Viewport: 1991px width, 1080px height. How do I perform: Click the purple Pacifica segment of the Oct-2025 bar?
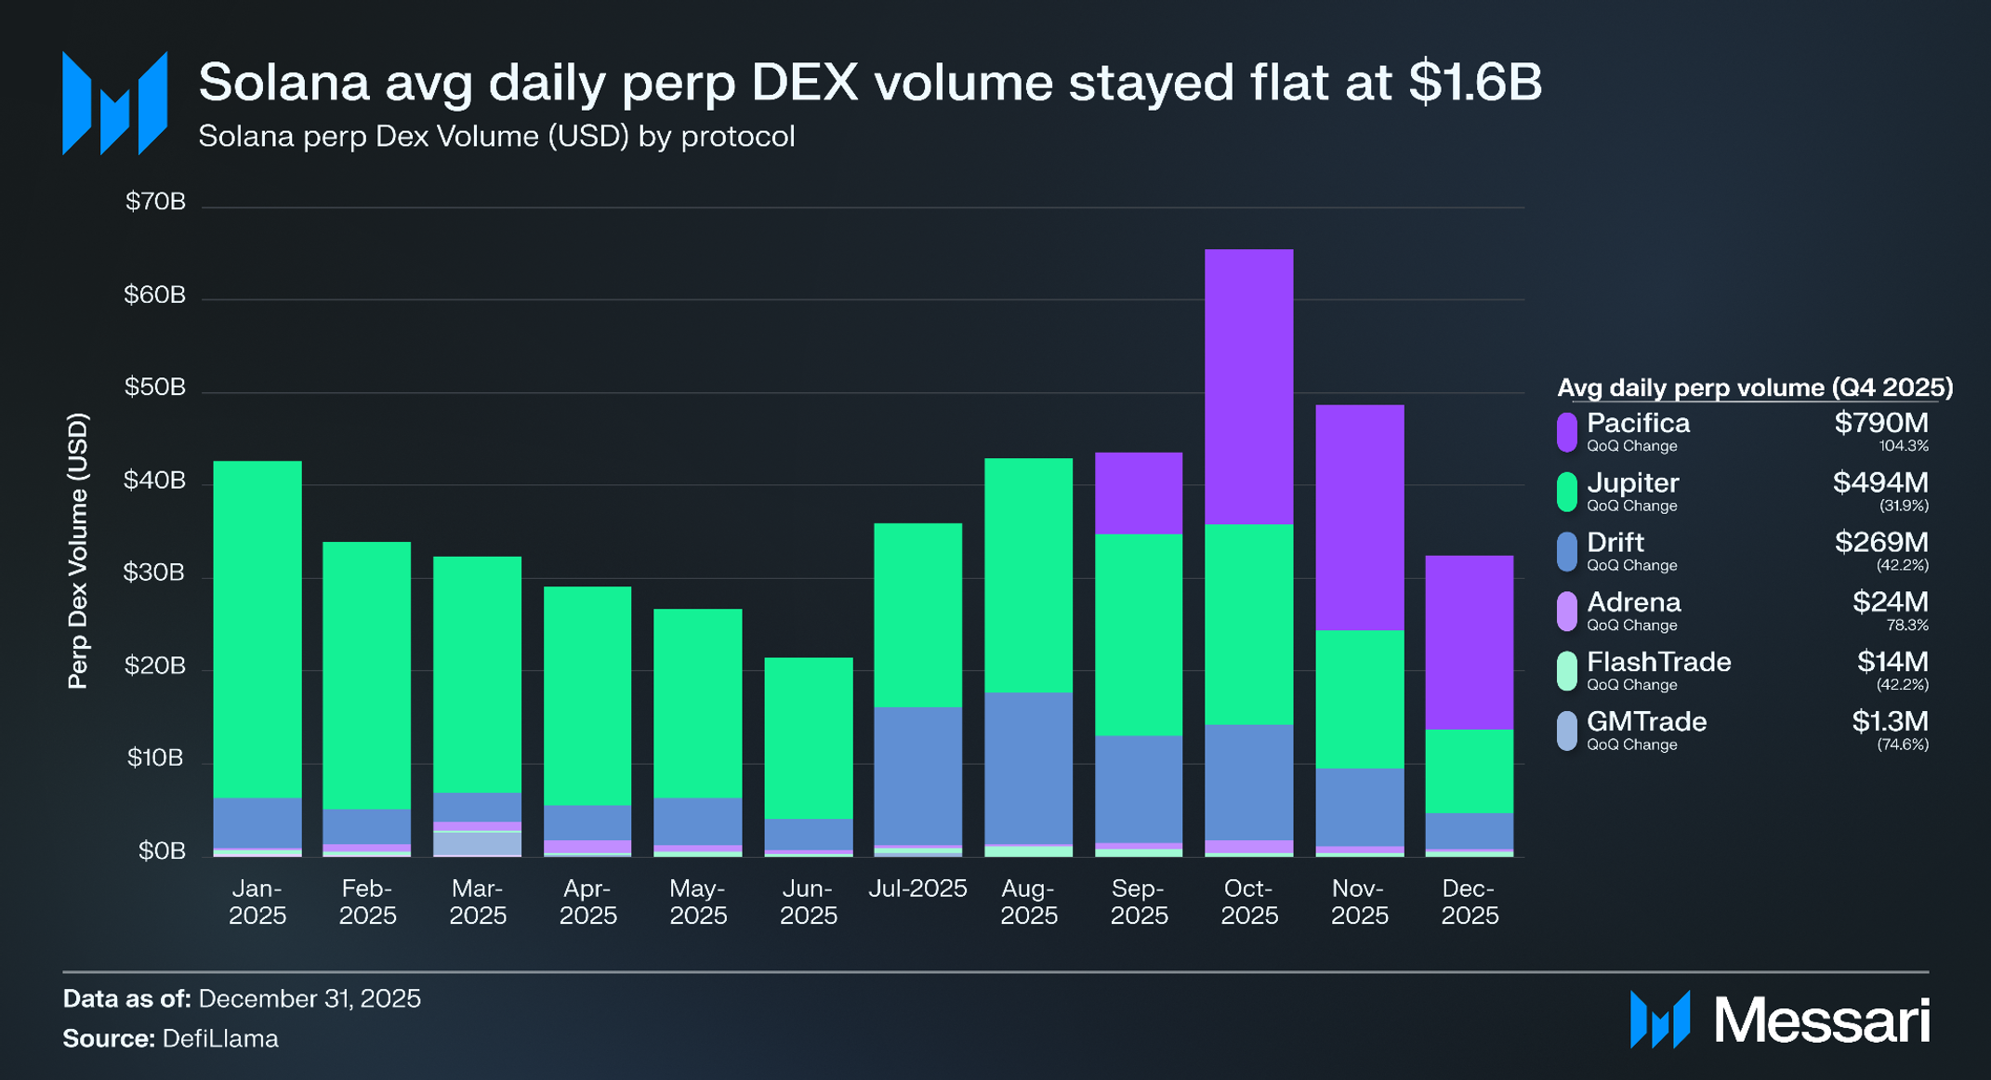tap(1248, 386)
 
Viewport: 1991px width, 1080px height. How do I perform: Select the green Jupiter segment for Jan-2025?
tap(257, 628)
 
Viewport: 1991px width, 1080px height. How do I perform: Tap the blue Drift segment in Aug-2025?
tap(1028, 768)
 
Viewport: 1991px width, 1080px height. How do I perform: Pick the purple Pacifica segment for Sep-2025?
tap(1139, 493)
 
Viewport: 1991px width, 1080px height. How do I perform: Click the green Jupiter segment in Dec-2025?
tap(1469, 770)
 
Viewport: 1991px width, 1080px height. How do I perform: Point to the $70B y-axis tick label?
tap(155, 202)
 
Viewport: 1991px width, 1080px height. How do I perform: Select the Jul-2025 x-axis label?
tap(917, 889)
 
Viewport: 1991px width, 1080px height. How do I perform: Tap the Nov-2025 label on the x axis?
tap(1359, 902)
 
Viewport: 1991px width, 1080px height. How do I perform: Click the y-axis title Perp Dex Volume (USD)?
tap(78, 550)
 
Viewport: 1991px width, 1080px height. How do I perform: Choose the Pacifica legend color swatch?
tap(1567, 432)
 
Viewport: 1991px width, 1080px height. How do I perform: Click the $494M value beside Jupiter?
tap(1880, 482)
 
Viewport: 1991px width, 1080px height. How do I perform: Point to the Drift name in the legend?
tap(1615, 542)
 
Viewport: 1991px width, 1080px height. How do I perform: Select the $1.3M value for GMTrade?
tap(1890, 721)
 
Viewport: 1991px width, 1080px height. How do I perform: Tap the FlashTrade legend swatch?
tap(1567, 671)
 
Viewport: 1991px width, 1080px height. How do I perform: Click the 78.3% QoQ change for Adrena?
tap(1904, 626)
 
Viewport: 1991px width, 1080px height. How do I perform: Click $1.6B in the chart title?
tap(1475, 82)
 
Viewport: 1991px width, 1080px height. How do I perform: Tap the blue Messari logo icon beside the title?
tap(114, 103)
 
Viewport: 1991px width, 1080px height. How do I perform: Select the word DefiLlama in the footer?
tap(220, 1038)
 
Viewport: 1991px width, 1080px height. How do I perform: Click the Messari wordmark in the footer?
tap(1822, 1021)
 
